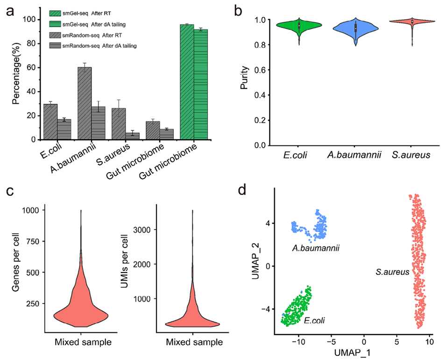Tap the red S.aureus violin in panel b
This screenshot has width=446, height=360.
tap(412, 22)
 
